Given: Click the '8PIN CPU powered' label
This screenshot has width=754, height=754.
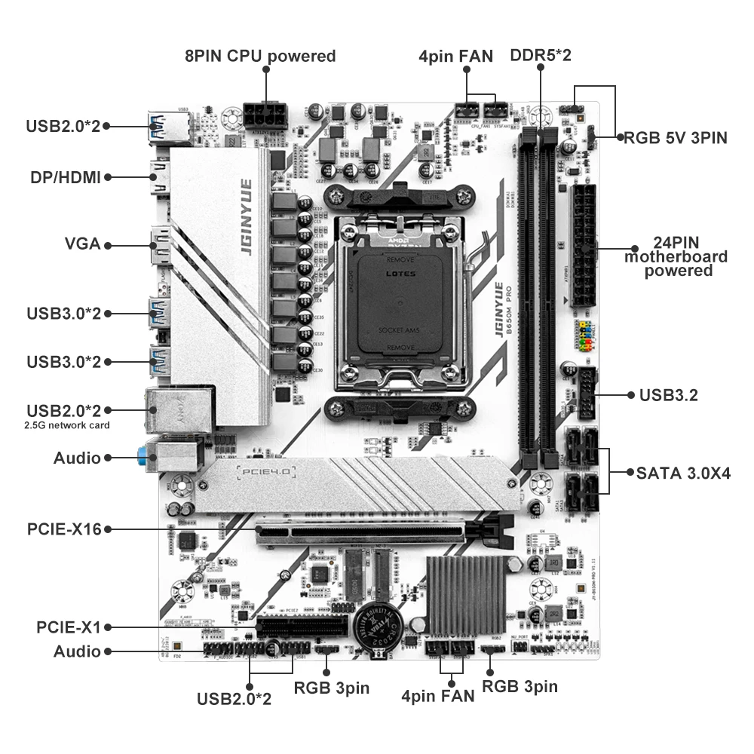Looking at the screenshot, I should pos(260,56).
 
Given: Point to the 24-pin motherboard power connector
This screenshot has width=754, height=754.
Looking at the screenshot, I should pos(584,246).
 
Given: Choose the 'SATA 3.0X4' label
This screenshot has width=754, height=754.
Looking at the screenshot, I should pos(683,474).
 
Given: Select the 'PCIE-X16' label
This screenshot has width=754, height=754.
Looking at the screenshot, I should pos(64,529).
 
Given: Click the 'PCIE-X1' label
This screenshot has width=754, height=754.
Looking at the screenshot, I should pos(69,627).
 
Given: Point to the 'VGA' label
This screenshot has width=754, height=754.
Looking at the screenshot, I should pos(81,245).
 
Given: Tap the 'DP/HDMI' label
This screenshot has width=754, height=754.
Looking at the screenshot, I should pos(66,177).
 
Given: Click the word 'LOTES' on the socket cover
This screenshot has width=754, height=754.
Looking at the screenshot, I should pos(400,274).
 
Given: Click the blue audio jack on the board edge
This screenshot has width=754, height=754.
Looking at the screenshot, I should pos(143,455).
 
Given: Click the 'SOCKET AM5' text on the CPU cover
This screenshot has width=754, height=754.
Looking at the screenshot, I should pos(400,331).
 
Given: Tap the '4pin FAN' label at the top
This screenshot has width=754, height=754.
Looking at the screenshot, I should pos(456,56).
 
